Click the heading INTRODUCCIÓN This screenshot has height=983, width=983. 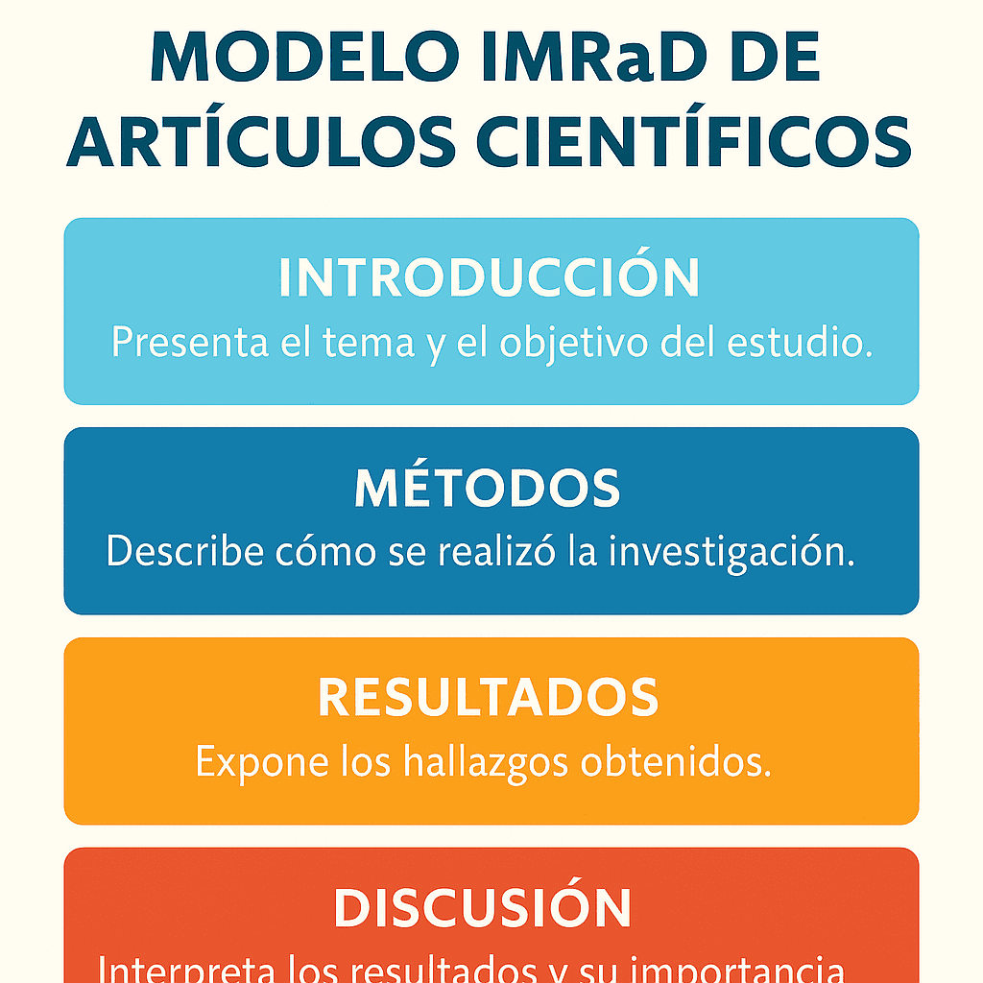[490, 278]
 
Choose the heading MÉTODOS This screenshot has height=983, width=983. [488, 489]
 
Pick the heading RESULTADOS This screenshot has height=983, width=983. [489, 699]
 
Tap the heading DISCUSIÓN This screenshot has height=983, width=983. [483, 907]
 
